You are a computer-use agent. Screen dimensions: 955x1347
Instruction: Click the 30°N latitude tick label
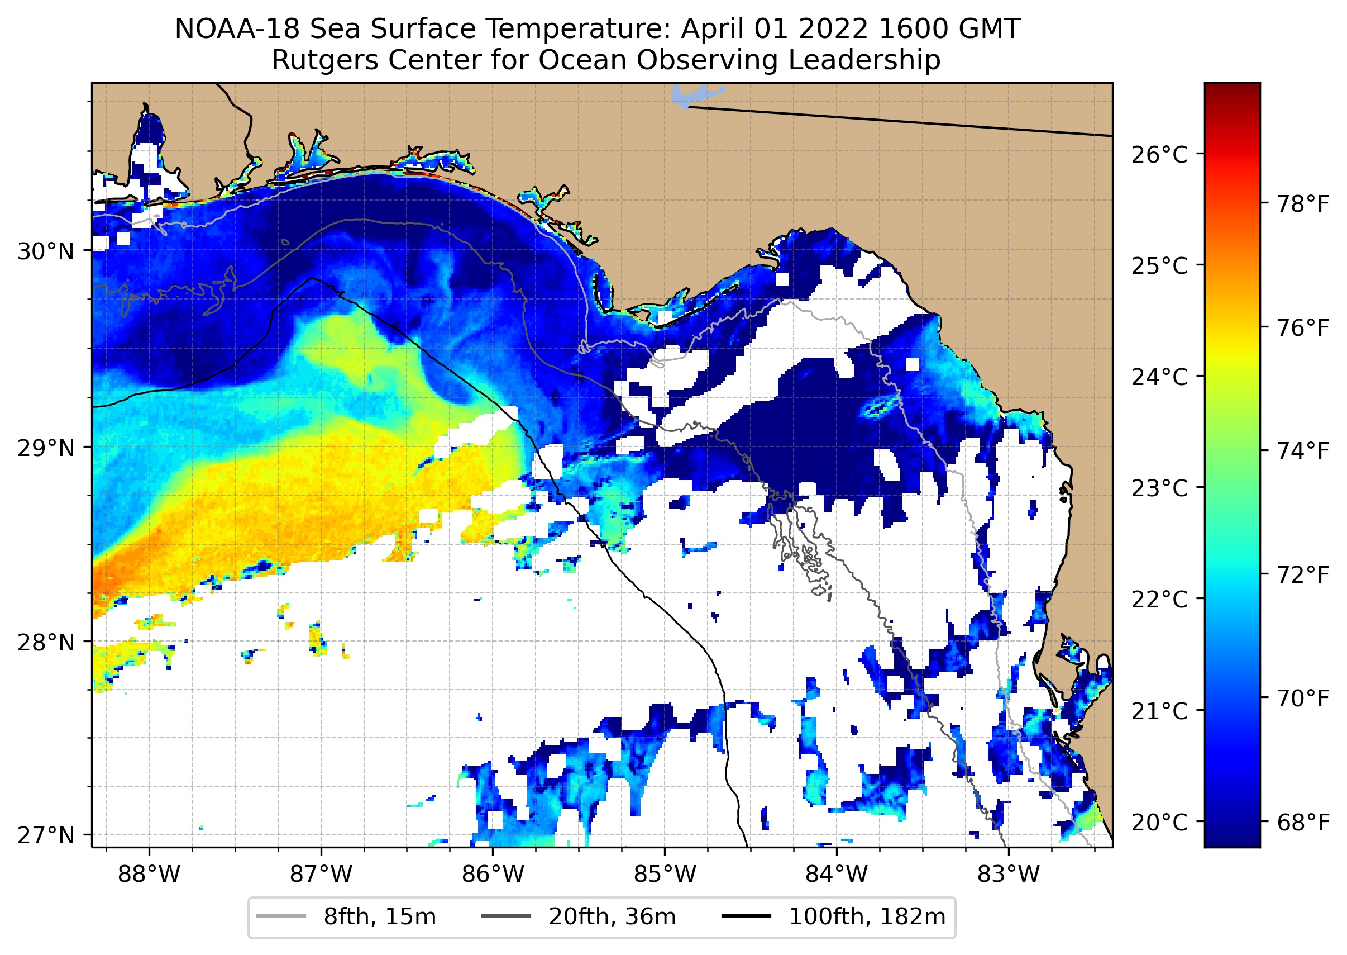pos(46,251)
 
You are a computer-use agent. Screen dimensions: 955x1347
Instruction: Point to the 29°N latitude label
pos(46,449)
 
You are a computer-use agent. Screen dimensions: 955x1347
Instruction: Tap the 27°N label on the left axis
pos(46,835)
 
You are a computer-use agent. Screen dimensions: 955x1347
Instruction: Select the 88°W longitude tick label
pos(149,875)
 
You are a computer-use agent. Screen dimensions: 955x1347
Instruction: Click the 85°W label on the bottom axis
pos(665,875)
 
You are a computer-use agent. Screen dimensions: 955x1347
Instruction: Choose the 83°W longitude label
pos(1009,875)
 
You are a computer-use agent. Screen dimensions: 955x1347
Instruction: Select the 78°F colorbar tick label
pos(1303,205)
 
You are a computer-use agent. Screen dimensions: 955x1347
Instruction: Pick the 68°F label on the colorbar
pos(1303,822)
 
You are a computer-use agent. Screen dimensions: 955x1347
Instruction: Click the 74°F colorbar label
pos(1303,452)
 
